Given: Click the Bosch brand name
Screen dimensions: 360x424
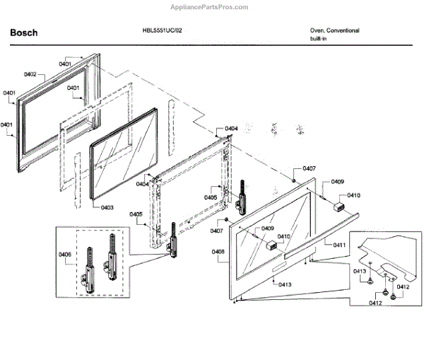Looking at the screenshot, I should (x=23, y=33).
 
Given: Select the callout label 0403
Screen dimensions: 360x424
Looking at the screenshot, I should (x=107, y=207).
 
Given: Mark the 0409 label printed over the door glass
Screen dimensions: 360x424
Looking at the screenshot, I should (x=267, y=228).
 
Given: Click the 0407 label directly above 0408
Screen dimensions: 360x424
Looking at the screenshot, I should (x=216, y=231).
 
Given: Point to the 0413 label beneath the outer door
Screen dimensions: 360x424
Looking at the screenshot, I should (x=285, y=284).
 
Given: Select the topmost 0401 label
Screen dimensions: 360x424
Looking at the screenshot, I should (x=65, y=64).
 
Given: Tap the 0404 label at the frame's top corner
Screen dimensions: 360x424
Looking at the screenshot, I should (x=231, y=129).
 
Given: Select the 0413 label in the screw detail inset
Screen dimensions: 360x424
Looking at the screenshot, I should (x=359, y=272).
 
